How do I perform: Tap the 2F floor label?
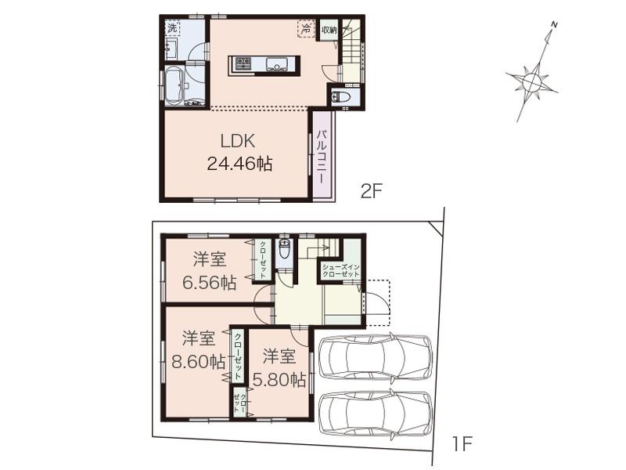370,190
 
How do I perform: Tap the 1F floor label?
462,444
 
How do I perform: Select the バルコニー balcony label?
322,157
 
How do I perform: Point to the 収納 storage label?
329,31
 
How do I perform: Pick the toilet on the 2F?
340,96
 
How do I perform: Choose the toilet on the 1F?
284,251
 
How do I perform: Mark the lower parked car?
376,415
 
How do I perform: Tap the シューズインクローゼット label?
339,271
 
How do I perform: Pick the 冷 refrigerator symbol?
305,28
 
